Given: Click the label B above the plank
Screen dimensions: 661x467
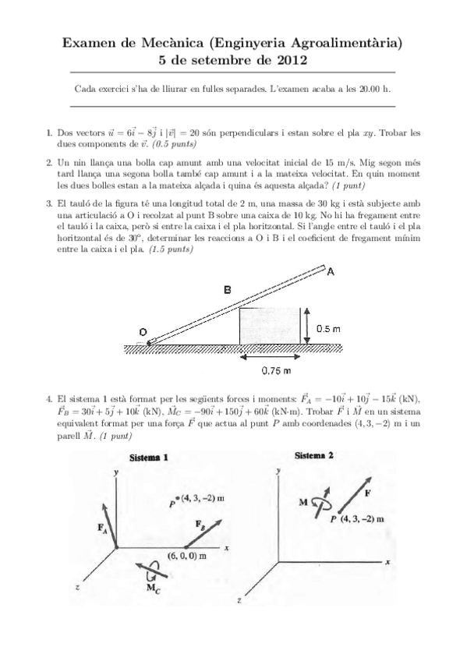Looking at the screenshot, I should (x=227, y=290).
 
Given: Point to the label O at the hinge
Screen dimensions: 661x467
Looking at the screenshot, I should (x=143, y=332).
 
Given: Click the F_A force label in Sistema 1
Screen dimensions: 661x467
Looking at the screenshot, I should (x=102, y=528).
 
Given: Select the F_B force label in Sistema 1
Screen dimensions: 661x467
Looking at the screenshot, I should (x=200, y=524).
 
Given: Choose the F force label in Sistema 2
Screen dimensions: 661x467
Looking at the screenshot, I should (x=366, y=493).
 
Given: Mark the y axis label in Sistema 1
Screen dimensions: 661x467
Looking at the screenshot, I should (x=115, y=472).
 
